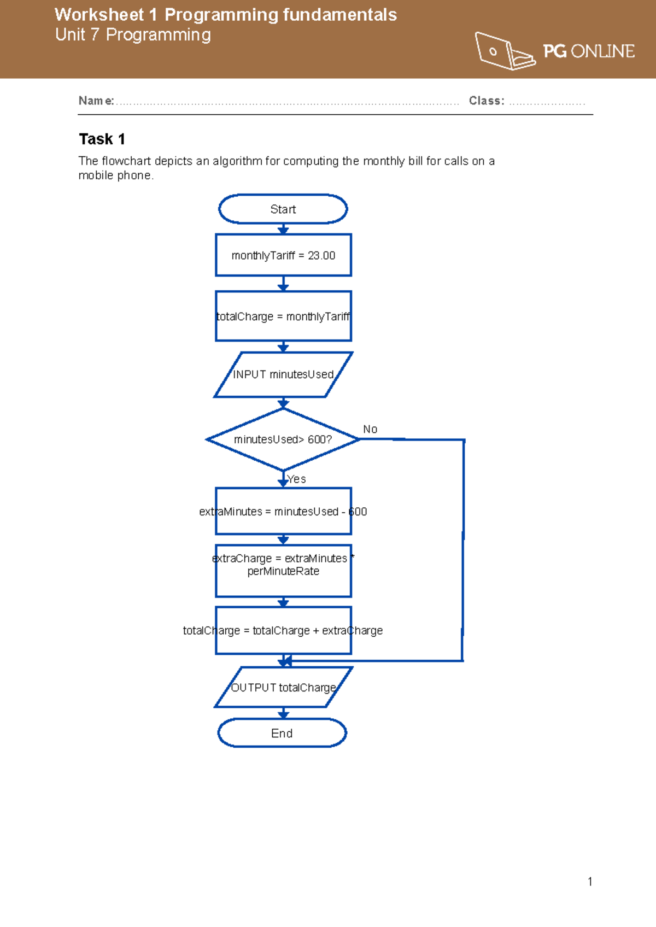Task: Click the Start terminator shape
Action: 283,209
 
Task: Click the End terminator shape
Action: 282,733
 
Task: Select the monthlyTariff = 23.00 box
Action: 283,255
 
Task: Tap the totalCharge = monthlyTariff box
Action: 283,316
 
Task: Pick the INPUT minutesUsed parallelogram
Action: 283,374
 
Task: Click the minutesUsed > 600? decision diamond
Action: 283,439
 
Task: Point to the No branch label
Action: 370,429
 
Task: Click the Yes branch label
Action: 297,479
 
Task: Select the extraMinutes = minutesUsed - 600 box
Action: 283,512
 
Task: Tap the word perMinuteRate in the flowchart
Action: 283,571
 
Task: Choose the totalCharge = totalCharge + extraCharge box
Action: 283,630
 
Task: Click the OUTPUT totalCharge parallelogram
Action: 283,688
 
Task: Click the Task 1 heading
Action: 102,139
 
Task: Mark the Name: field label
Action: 96,101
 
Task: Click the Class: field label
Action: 487,101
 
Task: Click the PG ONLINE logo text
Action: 589,51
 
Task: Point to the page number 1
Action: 590,881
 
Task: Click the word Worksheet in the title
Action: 99,15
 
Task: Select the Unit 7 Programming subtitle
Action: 133,35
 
